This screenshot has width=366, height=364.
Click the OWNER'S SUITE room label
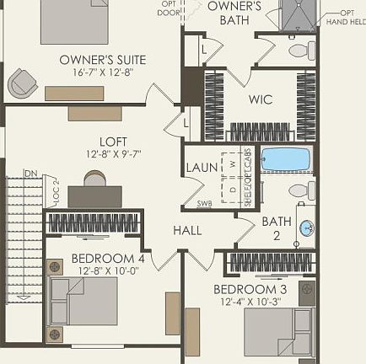point(102,60)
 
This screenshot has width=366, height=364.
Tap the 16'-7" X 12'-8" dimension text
point(102,72)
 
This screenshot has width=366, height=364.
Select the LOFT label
point(113,142)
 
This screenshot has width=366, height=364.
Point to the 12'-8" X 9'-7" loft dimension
point(113,154)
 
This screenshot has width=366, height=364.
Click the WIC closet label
point(260,99)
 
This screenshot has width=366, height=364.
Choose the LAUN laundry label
point(202,168)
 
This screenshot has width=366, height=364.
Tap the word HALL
point(187,230)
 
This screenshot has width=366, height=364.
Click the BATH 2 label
point(276,227)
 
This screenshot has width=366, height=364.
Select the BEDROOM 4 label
point(108,258)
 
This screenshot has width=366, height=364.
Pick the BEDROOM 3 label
point(250,289)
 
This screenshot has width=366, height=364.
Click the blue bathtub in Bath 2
point(286,158)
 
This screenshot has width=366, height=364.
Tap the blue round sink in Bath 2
point(306,227)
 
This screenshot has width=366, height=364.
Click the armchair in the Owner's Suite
point(23,83)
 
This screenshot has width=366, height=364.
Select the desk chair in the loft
point(94,179)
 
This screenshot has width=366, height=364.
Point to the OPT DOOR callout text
point(170,8)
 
